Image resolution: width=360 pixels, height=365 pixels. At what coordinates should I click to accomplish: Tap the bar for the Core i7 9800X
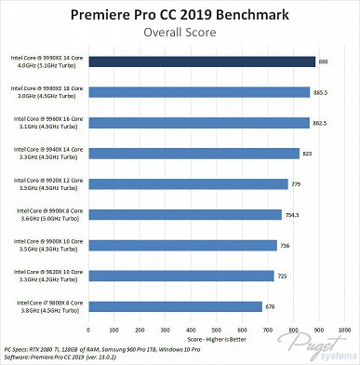coord(174,305)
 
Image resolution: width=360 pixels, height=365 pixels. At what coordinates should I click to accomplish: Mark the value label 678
coord(270,305)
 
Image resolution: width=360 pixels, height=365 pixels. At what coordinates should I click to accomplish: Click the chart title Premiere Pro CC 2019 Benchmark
coord(180,16)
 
